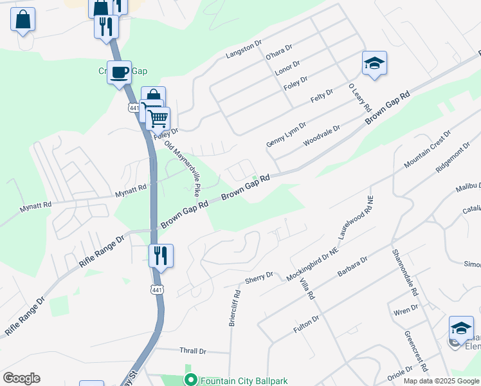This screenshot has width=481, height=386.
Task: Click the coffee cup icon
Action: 119,71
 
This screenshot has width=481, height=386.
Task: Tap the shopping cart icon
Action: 158,118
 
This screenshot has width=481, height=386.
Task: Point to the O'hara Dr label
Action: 279,52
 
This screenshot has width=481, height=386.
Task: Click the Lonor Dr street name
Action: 287,68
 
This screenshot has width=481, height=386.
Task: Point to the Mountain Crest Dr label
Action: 428,149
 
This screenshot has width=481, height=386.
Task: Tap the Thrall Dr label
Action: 193,351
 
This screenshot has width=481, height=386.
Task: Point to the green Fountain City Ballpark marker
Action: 190,380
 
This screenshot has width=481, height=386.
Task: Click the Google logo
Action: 21,378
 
